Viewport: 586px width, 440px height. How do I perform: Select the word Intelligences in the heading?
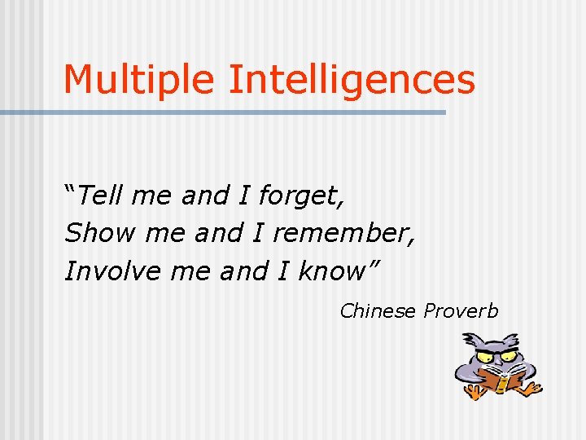[352, 80]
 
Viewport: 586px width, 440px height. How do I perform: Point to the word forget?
[302, 196]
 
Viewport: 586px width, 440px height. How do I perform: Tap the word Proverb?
[461, 310]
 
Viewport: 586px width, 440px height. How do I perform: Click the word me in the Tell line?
[152, 196]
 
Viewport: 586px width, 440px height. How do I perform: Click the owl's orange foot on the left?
[471, 393]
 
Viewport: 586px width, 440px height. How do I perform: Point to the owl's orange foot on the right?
[530, 389]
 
